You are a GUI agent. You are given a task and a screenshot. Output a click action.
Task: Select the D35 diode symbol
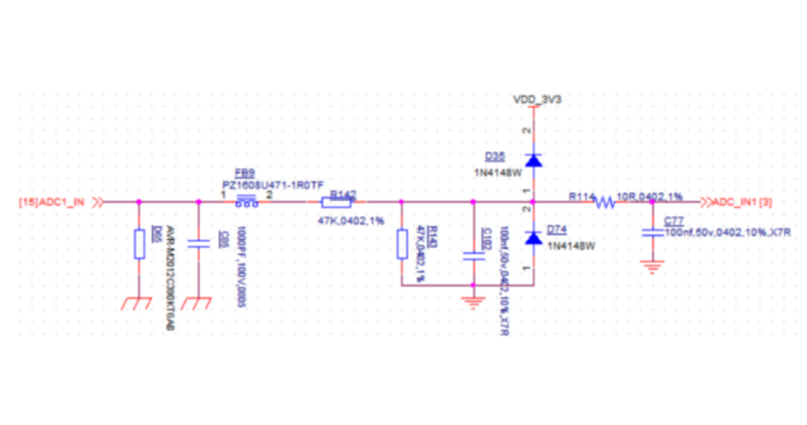[x=533, y=159]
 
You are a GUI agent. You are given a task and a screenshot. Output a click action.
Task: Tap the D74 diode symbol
[x=533, y=238]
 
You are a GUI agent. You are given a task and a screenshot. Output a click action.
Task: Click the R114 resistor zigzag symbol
[x=605, y=202]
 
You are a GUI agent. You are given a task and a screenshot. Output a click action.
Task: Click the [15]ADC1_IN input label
[x=52, y=202]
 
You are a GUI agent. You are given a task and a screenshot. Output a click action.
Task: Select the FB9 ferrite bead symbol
[x=246, y=201]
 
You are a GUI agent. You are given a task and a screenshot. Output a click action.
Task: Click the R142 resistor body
[x=337, y=202]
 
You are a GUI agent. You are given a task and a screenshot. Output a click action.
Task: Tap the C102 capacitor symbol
[x=473, y=254]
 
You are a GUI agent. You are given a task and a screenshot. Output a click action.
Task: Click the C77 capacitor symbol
[x=652, y=230]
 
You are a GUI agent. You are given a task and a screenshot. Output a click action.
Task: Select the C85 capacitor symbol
[x=198, y=244]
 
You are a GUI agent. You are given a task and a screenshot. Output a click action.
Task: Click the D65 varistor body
[x=138, y=243]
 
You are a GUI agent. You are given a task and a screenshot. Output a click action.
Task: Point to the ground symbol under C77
[x=652, y=266]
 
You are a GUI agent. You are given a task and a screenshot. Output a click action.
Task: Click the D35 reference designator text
[x=494, y=156]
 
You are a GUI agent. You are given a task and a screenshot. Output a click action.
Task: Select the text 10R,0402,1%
[x=649, y=196]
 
